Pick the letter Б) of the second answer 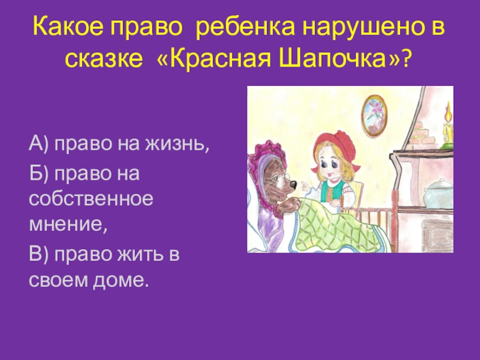[40, 174]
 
